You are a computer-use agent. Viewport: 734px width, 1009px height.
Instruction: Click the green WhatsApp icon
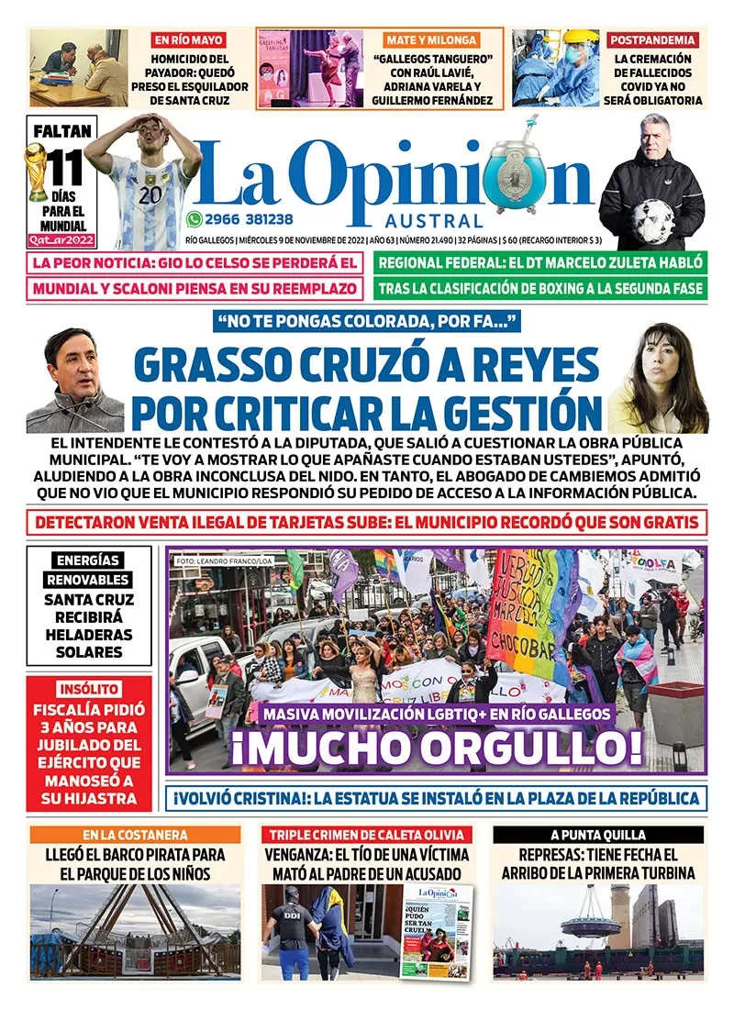[194, 218]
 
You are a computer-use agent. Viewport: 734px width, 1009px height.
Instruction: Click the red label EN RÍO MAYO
[191, 40]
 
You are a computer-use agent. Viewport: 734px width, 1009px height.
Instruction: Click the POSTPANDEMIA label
[652, 40]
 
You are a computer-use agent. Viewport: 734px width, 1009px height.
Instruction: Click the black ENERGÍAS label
[88, 560]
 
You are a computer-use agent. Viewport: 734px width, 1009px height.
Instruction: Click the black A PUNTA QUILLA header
[598, 835]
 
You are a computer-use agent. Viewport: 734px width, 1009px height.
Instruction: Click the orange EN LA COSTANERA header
[136, 835]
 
